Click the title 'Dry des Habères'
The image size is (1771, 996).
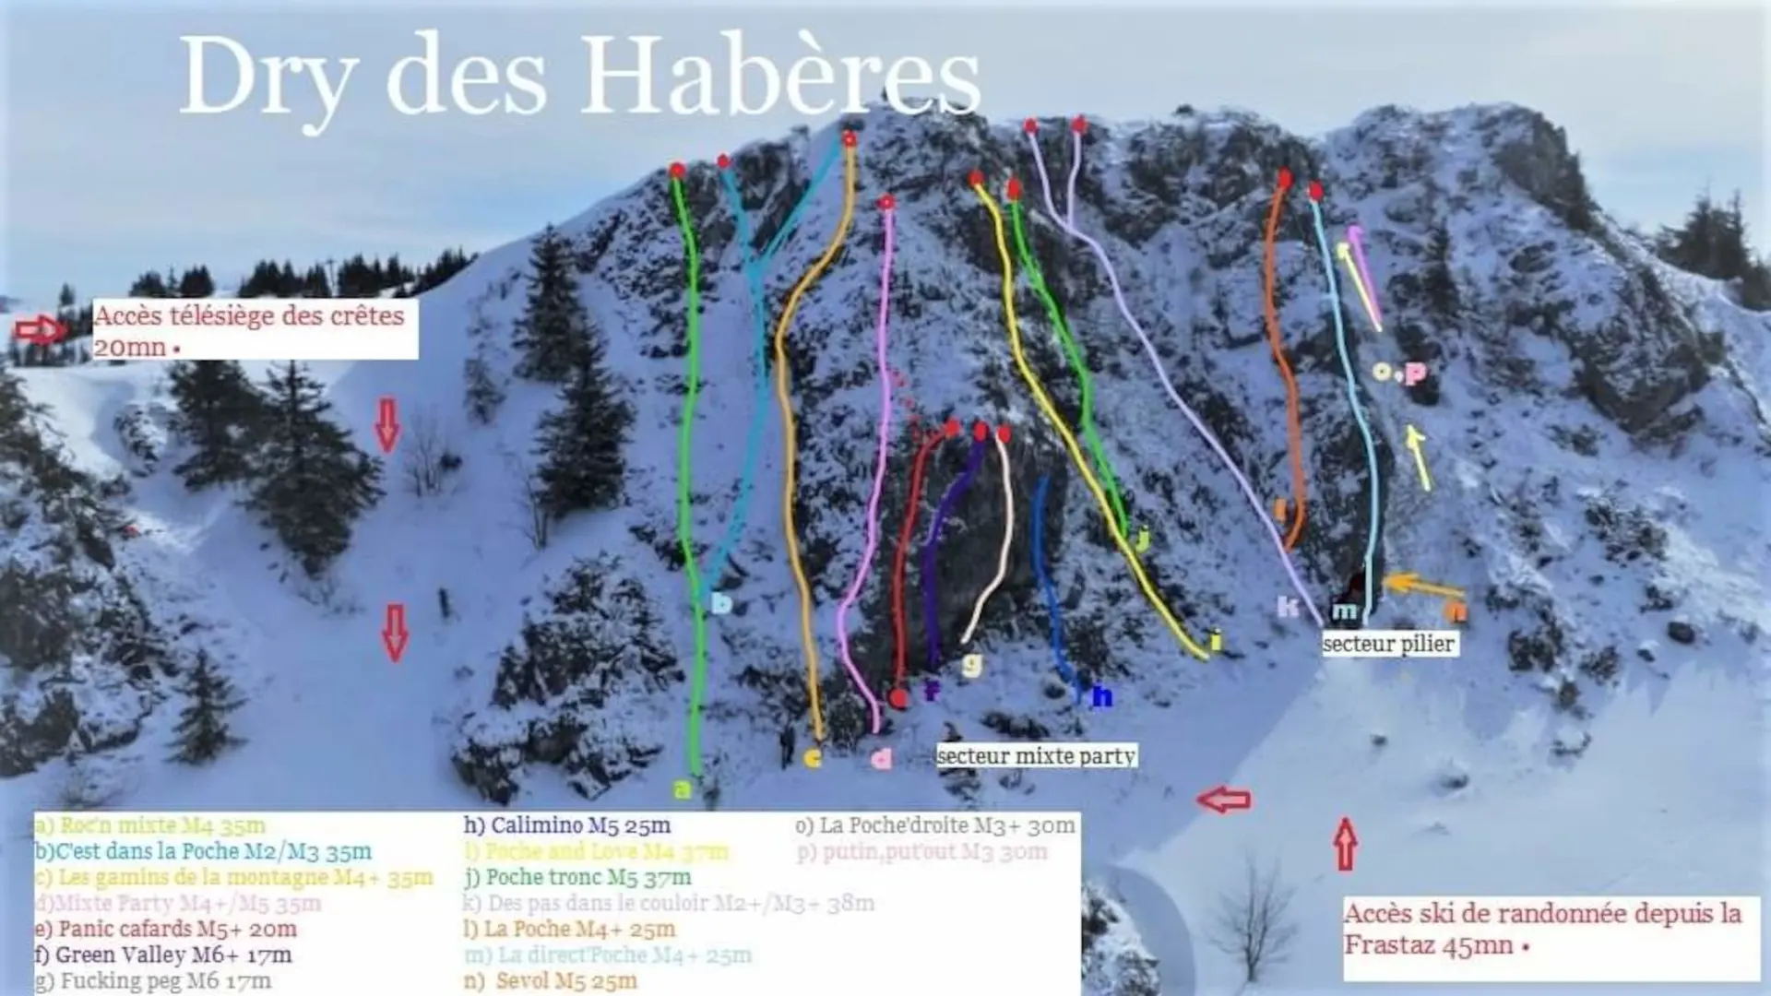(579, 77)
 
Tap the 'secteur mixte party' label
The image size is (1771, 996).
(1036, 756)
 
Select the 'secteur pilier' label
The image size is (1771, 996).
(1389, 644)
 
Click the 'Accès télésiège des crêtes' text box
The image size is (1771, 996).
(255, 329)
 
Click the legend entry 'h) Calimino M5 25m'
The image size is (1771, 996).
(567, 825)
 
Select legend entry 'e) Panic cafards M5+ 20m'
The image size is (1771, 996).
(166, 929)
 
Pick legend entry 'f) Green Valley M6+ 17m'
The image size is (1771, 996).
(164, 954)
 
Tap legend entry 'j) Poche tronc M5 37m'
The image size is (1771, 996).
(578, 877)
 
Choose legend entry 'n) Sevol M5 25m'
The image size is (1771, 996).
(551, 980)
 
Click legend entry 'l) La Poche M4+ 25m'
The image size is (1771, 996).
(569, 929)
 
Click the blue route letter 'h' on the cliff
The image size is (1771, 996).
(1101, 697)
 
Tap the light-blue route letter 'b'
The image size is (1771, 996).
(722, 603)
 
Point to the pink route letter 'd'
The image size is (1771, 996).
(882, 759)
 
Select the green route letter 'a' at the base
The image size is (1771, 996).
(682, 789)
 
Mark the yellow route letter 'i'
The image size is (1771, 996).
(1216, 641)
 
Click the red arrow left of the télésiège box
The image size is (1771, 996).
(41, 329)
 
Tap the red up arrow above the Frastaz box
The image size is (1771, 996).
(1346, 844)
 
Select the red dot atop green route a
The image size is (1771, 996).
(678, 171)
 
